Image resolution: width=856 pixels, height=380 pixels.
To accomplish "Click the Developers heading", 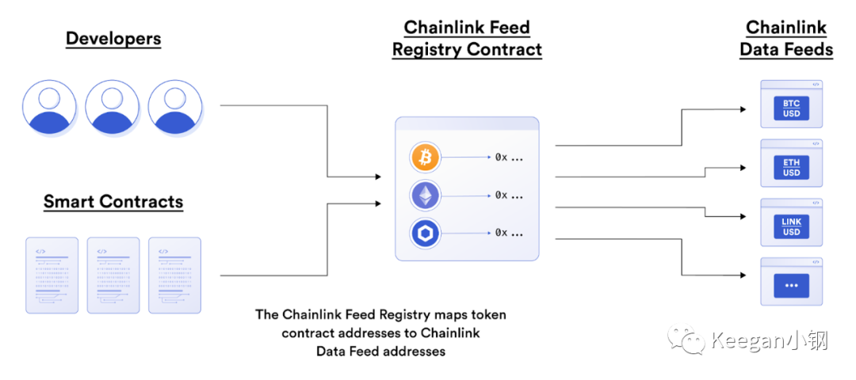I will tap(113, 38).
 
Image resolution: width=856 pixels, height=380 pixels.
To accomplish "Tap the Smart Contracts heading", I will tap(113, 201).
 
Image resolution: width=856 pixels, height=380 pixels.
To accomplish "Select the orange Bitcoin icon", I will tap(425, 158).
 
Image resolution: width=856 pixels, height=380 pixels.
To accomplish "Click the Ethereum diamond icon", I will tap(425, 195).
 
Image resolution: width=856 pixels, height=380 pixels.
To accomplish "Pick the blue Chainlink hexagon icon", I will tap(425, 233).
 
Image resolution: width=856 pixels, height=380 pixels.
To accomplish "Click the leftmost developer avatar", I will tap(50, 108).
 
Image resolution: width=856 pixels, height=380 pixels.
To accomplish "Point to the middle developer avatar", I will tap(113, 108).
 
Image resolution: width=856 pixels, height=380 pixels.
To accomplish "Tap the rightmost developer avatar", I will tap(175, 108).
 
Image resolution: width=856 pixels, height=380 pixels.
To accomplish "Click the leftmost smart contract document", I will tap(52, 275).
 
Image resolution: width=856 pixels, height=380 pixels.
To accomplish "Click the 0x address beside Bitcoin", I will tap(509, 158).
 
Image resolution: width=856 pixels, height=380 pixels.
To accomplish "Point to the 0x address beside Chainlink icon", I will tap(509, 233).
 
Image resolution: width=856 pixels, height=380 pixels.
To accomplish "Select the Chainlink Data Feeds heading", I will tap(786, 38).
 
